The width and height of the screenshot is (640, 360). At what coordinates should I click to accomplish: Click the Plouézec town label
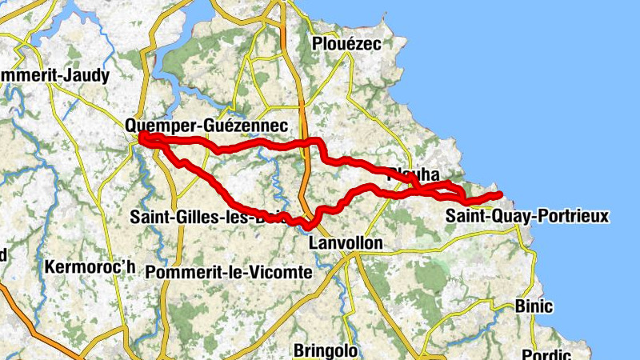pyautogui.click(x=346, y=43)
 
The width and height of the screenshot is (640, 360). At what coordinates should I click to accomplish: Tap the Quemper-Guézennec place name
pyautogui.click(x=206, y=125)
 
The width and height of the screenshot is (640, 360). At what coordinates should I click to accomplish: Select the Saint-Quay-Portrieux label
pyautogui.click(x=527, y=215)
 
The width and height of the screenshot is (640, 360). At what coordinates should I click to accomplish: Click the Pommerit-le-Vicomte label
pyautogui.click(x=229, y=272)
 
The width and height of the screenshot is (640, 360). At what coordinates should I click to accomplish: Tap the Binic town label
pyautogui.click(x=534, y=306)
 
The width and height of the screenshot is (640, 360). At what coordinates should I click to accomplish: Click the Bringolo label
pyautogui.click(x=325, y=350)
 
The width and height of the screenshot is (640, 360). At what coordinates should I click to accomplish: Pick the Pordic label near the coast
pyautogui.click(x=547, y=354)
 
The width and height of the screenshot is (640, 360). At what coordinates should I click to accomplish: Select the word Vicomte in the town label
pyautogui.click(x=282, y=272)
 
